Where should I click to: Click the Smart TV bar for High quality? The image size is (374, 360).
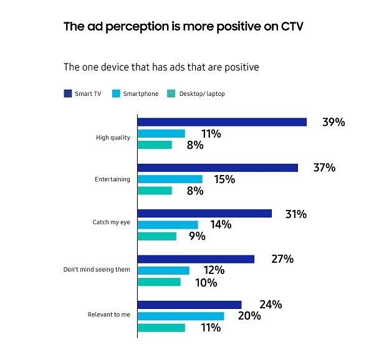click(222, 122)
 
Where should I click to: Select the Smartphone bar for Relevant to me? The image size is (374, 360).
click(181, 316)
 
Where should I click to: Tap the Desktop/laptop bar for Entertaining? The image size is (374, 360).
click(155, 191)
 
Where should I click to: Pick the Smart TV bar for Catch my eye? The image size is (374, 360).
click(204, 214)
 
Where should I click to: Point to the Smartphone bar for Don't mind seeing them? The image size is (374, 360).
click(163, 270)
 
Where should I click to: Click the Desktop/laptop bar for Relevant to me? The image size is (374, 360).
click(161, 327)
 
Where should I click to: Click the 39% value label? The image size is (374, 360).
click(333, 122)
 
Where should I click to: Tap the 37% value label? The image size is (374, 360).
click(324, 168)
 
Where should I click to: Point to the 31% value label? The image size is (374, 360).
click(295, 214)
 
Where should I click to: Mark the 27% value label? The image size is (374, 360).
click(282, 259)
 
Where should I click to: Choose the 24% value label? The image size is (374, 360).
click(271, 305)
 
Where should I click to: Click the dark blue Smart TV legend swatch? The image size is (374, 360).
click(67, 94)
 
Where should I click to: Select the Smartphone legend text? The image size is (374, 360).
click(140, 94)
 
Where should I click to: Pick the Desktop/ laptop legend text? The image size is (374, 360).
click(201, 94)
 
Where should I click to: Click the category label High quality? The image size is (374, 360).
click(113, 138)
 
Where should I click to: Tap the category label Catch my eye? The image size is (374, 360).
click(112, 221)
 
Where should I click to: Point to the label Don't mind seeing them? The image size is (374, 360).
click(97, 270)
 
